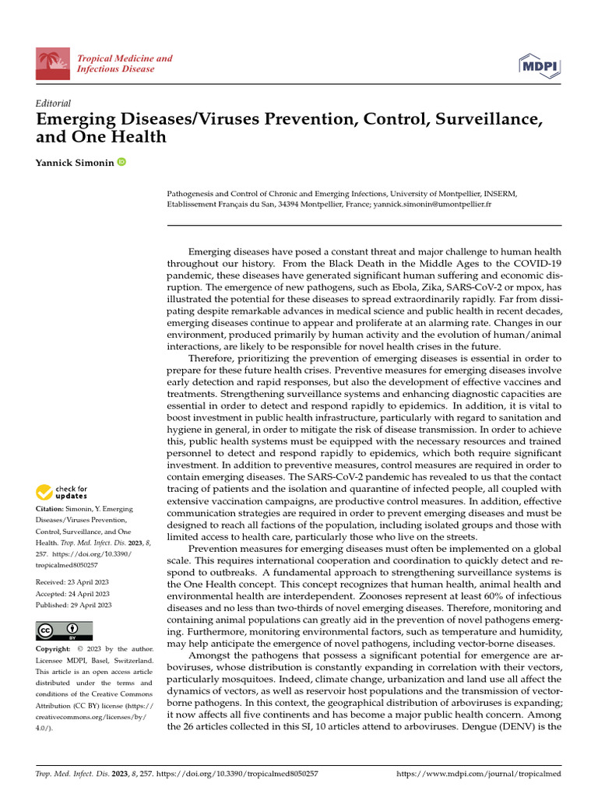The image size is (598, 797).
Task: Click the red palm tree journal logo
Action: click(53, 64)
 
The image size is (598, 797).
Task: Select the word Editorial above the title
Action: click(54, 103)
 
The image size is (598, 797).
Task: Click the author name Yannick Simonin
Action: click(76, 162)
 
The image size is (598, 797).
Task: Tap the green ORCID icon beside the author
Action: click(122, 162)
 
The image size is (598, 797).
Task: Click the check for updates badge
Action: click(62, 492)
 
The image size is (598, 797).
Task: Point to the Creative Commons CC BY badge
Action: click(64, 630)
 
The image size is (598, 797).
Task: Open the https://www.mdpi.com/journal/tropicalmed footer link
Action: click(479, 775)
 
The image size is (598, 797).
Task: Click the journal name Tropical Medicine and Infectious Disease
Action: click(125, 64)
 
